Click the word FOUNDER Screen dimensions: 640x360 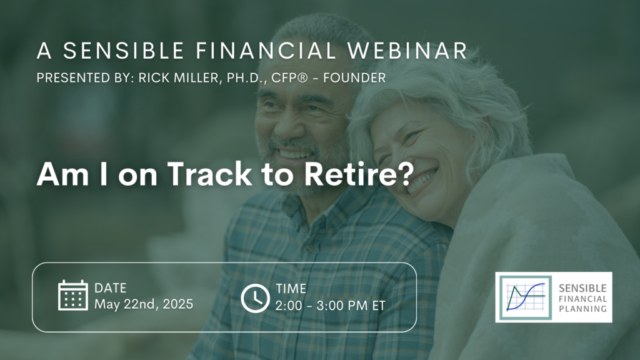tap(354, 78)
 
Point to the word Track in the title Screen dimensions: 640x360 tap(210, 174)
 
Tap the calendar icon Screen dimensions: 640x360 tap(72, 295)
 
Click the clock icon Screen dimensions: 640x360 tap(255, 298)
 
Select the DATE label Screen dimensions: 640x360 tap(110, 288)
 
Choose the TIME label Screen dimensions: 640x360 tap(291, 289)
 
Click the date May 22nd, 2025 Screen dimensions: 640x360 tap(144, 304)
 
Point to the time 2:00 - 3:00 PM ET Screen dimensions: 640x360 tap(330, 306)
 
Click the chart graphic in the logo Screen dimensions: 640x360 tap(526, 297)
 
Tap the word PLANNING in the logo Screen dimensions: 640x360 tap(582, 309)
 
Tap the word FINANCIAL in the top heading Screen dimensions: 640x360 tap(266, 51)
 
